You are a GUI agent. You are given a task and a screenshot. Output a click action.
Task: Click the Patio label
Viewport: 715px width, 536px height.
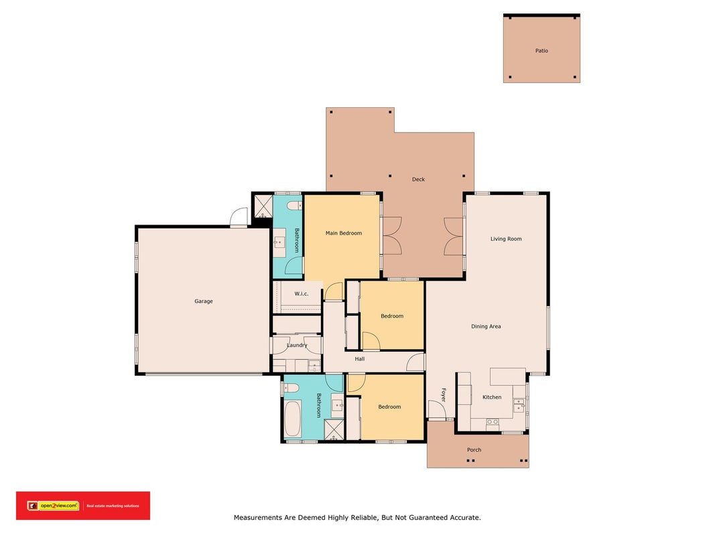pyautogui.click(x=541, y=51)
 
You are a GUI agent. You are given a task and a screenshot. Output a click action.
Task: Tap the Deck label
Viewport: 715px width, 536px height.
pyautogui.click(x=418, y=179)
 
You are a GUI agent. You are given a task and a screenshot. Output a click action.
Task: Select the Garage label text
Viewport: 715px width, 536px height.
pyautogui.click(x=203, y=301)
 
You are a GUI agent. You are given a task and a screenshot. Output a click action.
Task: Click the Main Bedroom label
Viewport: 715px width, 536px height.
pyautogui.click(x=343, y=233)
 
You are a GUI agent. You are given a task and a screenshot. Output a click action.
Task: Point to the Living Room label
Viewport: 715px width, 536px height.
pyautogui.click(x=506, y=239)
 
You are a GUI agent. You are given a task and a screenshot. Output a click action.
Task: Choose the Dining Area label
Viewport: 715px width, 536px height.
pyautogui.click(x=486, y=326)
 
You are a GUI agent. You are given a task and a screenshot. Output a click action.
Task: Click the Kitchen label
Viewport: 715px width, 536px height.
pyautogui.click(x=492, y=397)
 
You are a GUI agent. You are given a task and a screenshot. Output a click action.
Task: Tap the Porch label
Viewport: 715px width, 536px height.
pyautogui.click(x=474, y=450)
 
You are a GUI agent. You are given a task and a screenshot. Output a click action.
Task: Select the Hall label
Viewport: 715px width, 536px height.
pyautogui.click(x=359, y=358)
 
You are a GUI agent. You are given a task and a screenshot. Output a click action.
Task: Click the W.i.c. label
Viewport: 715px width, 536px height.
pyautogui.click(x=301, y=293)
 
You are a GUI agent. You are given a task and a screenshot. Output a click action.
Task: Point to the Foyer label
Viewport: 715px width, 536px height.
pyautogui.click(x=443, y=395)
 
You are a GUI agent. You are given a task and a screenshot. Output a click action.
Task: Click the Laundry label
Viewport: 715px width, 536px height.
pyautogui.click(x=297, y=345)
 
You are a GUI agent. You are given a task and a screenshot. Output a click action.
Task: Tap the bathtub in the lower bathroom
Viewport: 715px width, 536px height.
pyautogui.click(x=292, y=418)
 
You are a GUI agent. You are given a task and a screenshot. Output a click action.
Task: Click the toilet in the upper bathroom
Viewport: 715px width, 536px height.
pyautogui.click(x=294, y=206)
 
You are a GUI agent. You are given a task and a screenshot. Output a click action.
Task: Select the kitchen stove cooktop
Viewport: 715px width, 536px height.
pyautogui.click(x=493, y=423)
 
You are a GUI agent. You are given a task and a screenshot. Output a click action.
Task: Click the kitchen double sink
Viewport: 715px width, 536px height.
pyautogui.click(x=519, y=405)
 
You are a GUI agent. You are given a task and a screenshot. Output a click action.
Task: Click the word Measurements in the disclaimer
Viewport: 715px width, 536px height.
pyautogui.click(x=257, y=517)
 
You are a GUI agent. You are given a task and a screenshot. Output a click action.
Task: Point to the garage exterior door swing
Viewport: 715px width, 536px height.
pyautogui.click(x=239, y=216)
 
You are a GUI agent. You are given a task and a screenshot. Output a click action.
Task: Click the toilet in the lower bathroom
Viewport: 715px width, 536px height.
pyautogui.click(x=291, y=388)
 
